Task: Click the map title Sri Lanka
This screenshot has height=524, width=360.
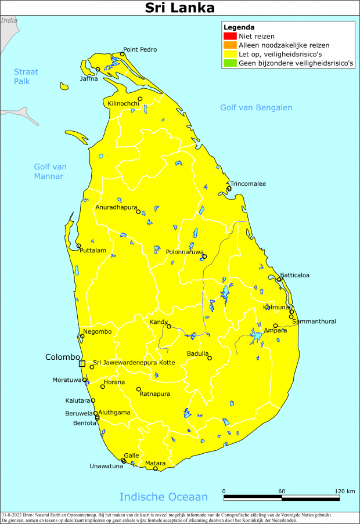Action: click(x=179, y=8)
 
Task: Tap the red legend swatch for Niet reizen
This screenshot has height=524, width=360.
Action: click(x=226, y=36)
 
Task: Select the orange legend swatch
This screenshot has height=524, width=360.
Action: click(x=226, y=45)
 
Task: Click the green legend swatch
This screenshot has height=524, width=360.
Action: click(x=226, y=64)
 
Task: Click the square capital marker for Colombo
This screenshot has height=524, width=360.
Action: click(x=82, y=363)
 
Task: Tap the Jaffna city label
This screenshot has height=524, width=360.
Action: click(x=89, y=78)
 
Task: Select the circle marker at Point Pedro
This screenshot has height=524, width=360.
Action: click(x=122, y=55)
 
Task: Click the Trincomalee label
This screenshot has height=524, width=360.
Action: click(x=248, y=183)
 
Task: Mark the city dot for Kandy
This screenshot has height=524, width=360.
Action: click(x=169, y=326)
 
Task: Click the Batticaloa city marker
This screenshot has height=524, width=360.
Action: click(x=279, y=280)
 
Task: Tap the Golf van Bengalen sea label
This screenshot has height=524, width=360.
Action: click(x=256, y=108)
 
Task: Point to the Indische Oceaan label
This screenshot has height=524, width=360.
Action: click(x=163, y=497)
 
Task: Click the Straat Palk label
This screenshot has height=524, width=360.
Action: click(x=26, y=77)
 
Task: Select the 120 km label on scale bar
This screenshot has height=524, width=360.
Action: click(x=345, y=492)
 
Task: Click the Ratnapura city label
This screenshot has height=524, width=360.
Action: click(x=154, y=394)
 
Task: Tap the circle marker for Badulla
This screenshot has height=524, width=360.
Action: click(x=210, y=358)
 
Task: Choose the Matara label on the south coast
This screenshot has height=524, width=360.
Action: click(x=155, y=463)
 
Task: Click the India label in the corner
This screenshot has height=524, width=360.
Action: click(x=9, y=20)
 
